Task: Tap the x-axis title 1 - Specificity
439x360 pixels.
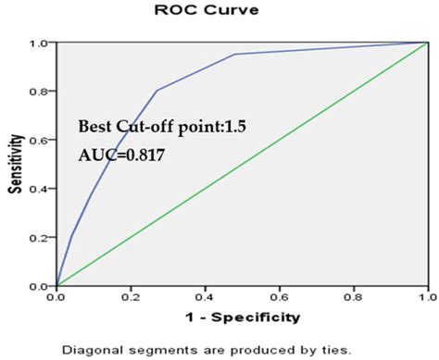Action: pyautogui.click(x=242, y=317)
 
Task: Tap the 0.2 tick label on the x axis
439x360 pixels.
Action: pyautogui.click(x=131, y=297)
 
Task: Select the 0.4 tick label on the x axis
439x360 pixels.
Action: pyautogui.click(x=205, y=297)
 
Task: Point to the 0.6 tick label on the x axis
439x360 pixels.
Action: pyautogui.click(x=279, y=297)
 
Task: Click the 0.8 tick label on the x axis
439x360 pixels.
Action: pyautogui.click(x=353, y=297)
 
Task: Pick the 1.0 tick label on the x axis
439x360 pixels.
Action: pyautogui.click(x=426, y=297)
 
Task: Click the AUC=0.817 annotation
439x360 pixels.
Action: pyautogui.click(x=121, y=156)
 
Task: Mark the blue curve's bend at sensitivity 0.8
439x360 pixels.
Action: pyautogui.click(x=157, y=91)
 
